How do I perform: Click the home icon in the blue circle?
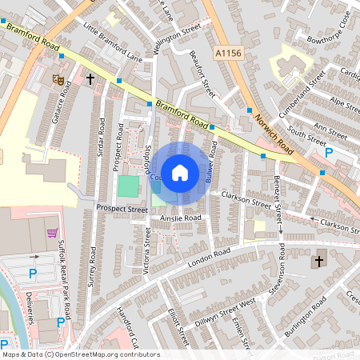click(x=180, y=172)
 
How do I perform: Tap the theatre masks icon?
click(x=57, y=78)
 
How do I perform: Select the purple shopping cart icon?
click(x=53, y=234)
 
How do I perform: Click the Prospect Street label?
click(x=122, y=209)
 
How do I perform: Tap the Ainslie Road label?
click(x=180, y=217)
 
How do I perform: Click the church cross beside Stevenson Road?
click(x=318, y=262)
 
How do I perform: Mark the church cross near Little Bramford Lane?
click(x=90, y=79)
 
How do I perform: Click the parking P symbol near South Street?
click(x=328, y=152)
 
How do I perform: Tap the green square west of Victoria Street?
click(x=127, y=187)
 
